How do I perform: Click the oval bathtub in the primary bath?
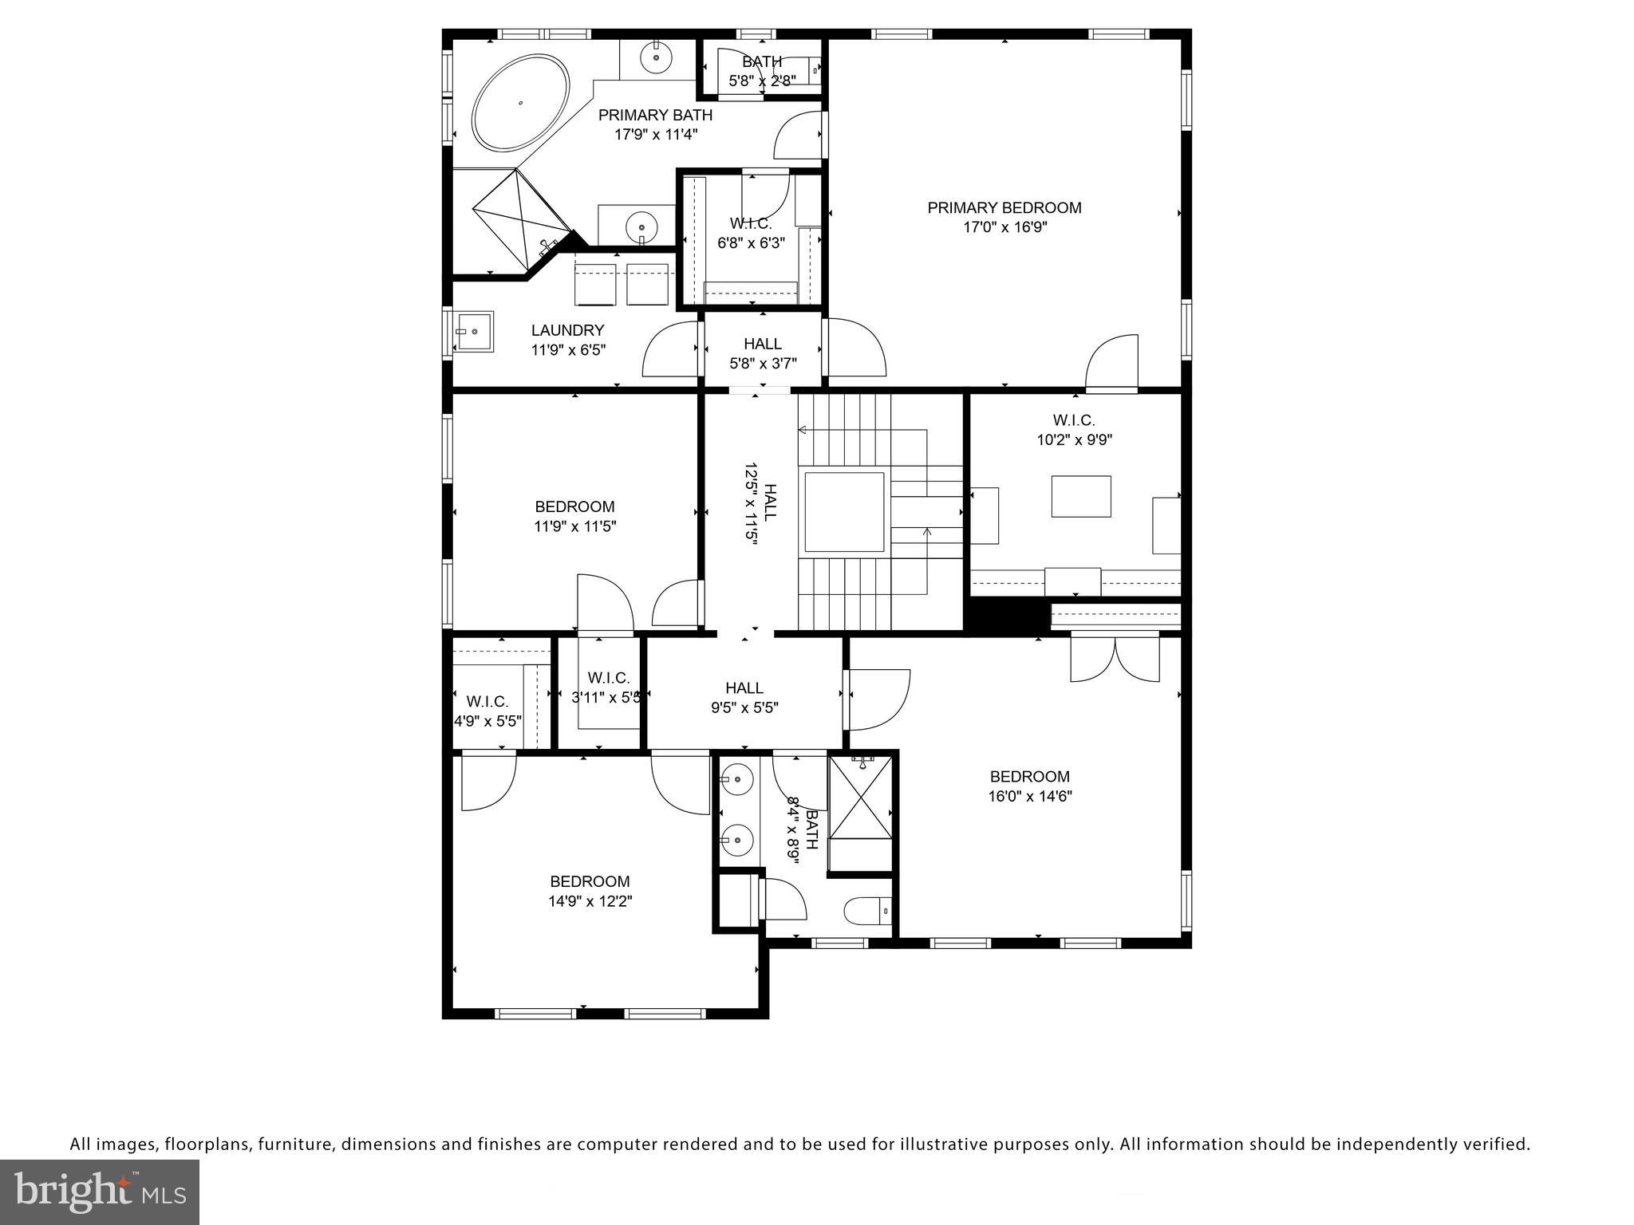tap(521, 102)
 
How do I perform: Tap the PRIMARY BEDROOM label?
tap(1004, 208)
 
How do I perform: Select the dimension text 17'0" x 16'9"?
tap(1004, 227)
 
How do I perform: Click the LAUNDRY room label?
tap(567, 330)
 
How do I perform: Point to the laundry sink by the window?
tap(474, 331)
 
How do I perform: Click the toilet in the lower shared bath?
tap(866, 910)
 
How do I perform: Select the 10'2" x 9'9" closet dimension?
tap(1074, 439)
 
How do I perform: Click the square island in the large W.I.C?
tap(1080, 496)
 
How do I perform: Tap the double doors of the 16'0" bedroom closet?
tap(1115, 657)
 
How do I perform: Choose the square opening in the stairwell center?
tap(844, 512)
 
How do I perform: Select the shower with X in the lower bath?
tap(861, 798)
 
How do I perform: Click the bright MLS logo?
tap(100, 1192)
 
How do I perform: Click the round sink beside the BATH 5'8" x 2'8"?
tap(656, 57)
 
